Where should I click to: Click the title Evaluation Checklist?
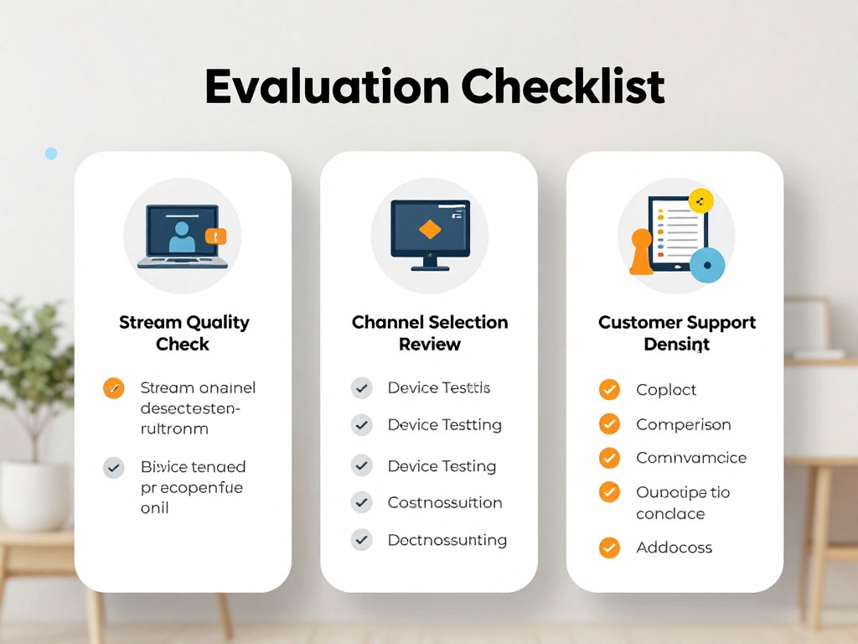pos(435,86)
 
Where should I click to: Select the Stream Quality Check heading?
pos(183,333)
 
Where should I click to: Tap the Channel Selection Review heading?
pos(429,333)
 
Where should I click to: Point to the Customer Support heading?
pos(676,323)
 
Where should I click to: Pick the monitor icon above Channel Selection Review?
pos(429,234)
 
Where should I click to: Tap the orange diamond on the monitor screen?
pos(429,229)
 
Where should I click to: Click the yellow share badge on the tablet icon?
pos(700,200)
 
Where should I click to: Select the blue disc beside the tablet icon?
pos(706,266)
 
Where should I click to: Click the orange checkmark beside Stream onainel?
pos(113,388)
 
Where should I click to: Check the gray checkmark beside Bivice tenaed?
pos(113,467)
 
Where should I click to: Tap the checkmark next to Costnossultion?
pos(361,502)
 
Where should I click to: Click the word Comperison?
pos(683,424)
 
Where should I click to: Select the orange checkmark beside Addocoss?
pos(609,548)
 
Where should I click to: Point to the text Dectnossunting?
pos(447,539)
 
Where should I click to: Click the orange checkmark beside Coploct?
pos(609,389)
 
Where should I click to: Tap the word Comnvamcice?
pos(690,458)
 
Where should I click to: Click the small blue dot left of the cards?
pos(51,153)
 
